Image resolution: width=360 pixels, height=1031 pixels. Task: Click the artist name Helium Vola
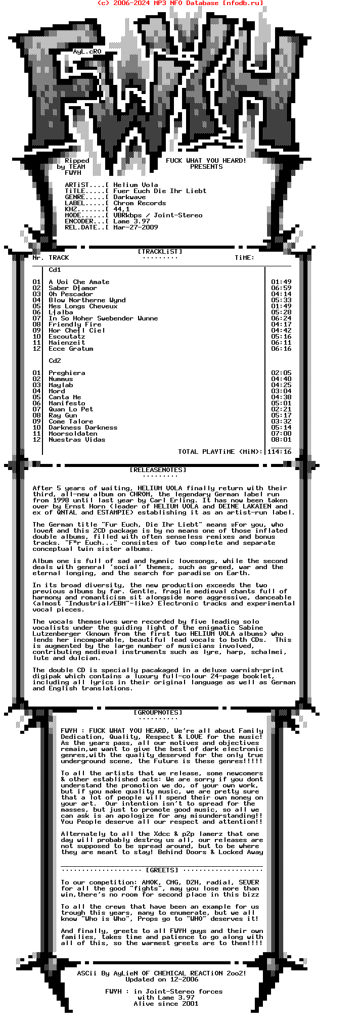136,185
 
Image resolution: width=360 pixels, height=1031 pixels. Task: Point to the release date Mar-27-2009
136,227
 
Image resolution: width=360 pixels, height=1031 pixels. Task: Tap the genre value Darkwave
129,197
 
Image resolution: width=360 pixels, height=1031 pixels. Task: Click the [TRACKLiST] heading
160,252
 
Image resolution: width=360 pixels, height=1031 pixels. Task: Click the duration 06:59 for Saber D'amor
281,288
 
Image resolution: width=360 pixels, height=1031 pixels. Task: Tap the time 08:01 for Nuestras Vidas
281,440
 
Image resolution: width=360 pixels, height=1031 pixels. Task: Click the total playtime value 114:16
279,452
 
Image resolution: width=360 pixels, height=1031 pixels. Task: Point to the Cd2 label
55,361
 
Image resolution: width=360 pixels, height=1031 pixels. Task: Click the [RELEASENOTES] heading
158,470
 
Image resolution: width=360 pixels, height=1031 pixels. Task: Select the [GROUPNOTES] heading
158,713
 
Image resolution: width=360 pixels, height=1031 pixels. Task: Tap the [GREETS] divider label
162,870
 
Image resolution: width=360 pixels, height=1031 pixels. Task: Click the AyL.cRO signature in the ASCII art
87,52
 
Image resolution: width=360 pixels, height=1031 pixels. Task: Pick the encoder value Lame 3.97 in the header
131,221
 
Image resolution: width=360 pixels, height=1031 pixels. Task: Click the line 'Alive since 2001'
166,1004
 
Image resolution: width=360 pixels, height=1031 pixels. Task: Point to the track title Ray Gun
63,415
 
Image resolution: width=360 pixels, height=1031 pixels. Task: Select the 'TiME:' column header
245,258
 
